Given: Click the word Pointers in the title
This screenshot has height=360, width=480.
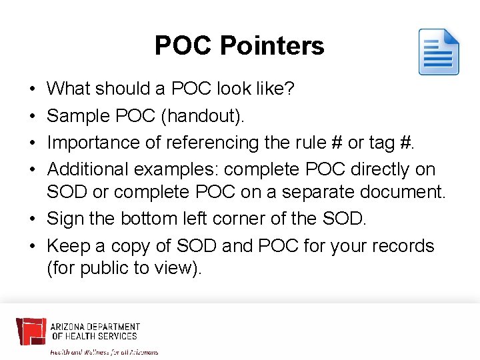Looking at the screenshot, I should tap(272, 46).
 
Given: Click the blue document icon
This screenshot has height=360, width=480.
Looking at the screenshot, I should tap(439, 52).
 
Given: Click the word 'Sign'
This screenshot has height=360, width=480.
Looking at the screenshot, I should tap(65, 219).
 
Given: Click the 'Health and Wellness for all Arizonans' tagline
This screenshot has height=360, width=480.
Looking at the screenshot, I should tap(104, 351).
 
